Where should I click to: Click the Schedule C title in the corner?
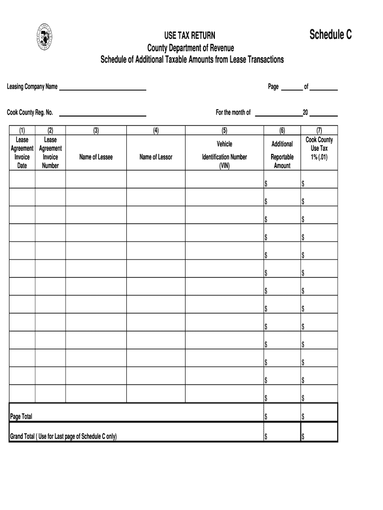pyautogui.click(x=330, y=35)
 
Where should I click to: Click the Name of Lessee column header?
pyautogui.click(x=96, y=157)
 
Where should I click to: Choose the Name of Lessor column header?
pyautogui.click(x=156, y=157)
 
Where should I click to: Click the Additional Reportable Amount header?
pyautogui.click(x=282, y=153)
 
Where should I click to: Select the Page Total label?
pyautogui.click(x=21, y=416)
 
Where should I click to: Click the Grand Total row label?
pyautogui.click(x=63, y=437)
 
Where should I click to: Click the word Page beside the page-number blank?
pyautogui.click(x=273, y=87)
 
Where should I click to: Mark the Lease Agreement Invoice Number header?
pyautogui.click(x=50, y=153)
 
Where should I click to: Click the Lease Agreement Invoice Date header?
pyautogui.click(x=22, y=153)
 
